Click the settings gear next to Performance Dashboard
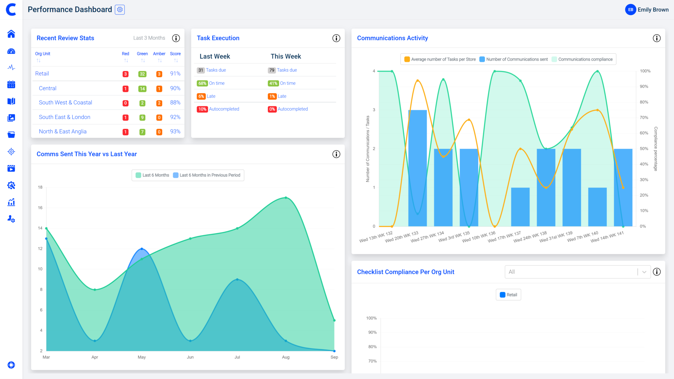(120, 10)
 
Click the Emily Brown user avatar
(630, 10)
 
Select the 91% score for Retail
(175, 74)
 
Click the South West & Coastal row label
(65, 103)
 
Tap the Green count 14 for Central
(142, 88)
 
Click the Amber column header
(159, 54)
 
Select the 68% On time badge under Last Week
(202, 83)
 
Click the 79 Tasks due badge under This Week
(272, 70)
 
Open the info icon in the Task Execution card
(336, 38)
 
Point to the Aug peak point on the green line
(286, 198)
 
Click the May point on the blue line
(142, 249)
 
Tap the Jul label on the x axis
(237, 357)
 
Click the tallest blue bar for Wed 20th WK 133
(417, 168)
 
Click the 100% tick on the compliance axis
(645, 71)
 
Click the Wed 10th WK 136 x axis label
(479, 237)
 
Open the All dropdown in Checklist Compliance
(577, 272)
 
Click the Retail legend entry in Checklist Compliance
(508, 295)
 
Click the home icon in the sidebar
(11, 34)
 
